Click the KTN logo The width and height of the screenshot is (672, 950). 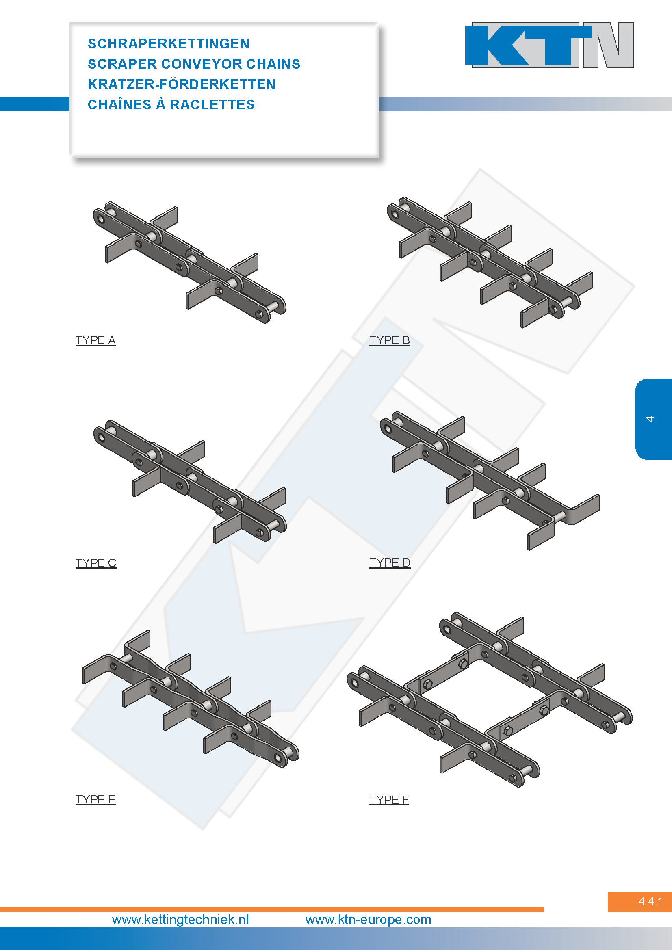[550, 45]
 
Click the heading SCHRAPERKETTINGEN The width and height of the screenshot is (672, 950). [169, 43]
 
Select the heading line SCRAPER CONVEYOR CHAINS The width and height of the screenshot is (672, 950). [194, 64]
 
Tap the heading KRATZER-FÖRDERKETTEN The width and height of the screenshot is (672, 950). [181, 84]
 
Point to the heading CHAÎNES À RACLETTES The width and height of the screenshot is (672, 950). [171, 104]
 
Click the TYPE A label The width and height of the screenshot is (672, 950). [95, 340]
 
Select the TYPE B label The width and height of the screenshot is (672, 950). [389, 340]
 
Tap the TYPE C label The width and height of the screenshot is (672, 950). [95, 563]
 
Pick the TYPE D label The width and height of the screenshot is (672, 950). [390, 563]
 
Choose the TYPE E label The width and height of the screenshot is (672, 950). [95, 799]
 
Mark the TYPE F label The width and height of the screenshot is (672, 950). [389, 799]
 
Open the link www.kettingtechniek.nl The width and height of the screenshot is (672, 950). [180, 920]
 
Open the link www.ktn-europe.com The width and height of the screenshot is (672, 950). [368, 920]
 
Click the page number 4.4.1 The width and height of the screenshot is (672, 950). [650, 901]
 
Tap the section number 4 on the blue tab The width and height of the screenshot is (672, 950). [650, 419]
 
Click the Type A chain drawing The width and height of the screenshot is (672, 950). [189, 262]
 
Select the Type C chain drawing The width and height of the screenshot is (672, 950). [190, 482]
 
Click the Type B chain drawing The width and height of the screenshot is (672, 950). [490, 262]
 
